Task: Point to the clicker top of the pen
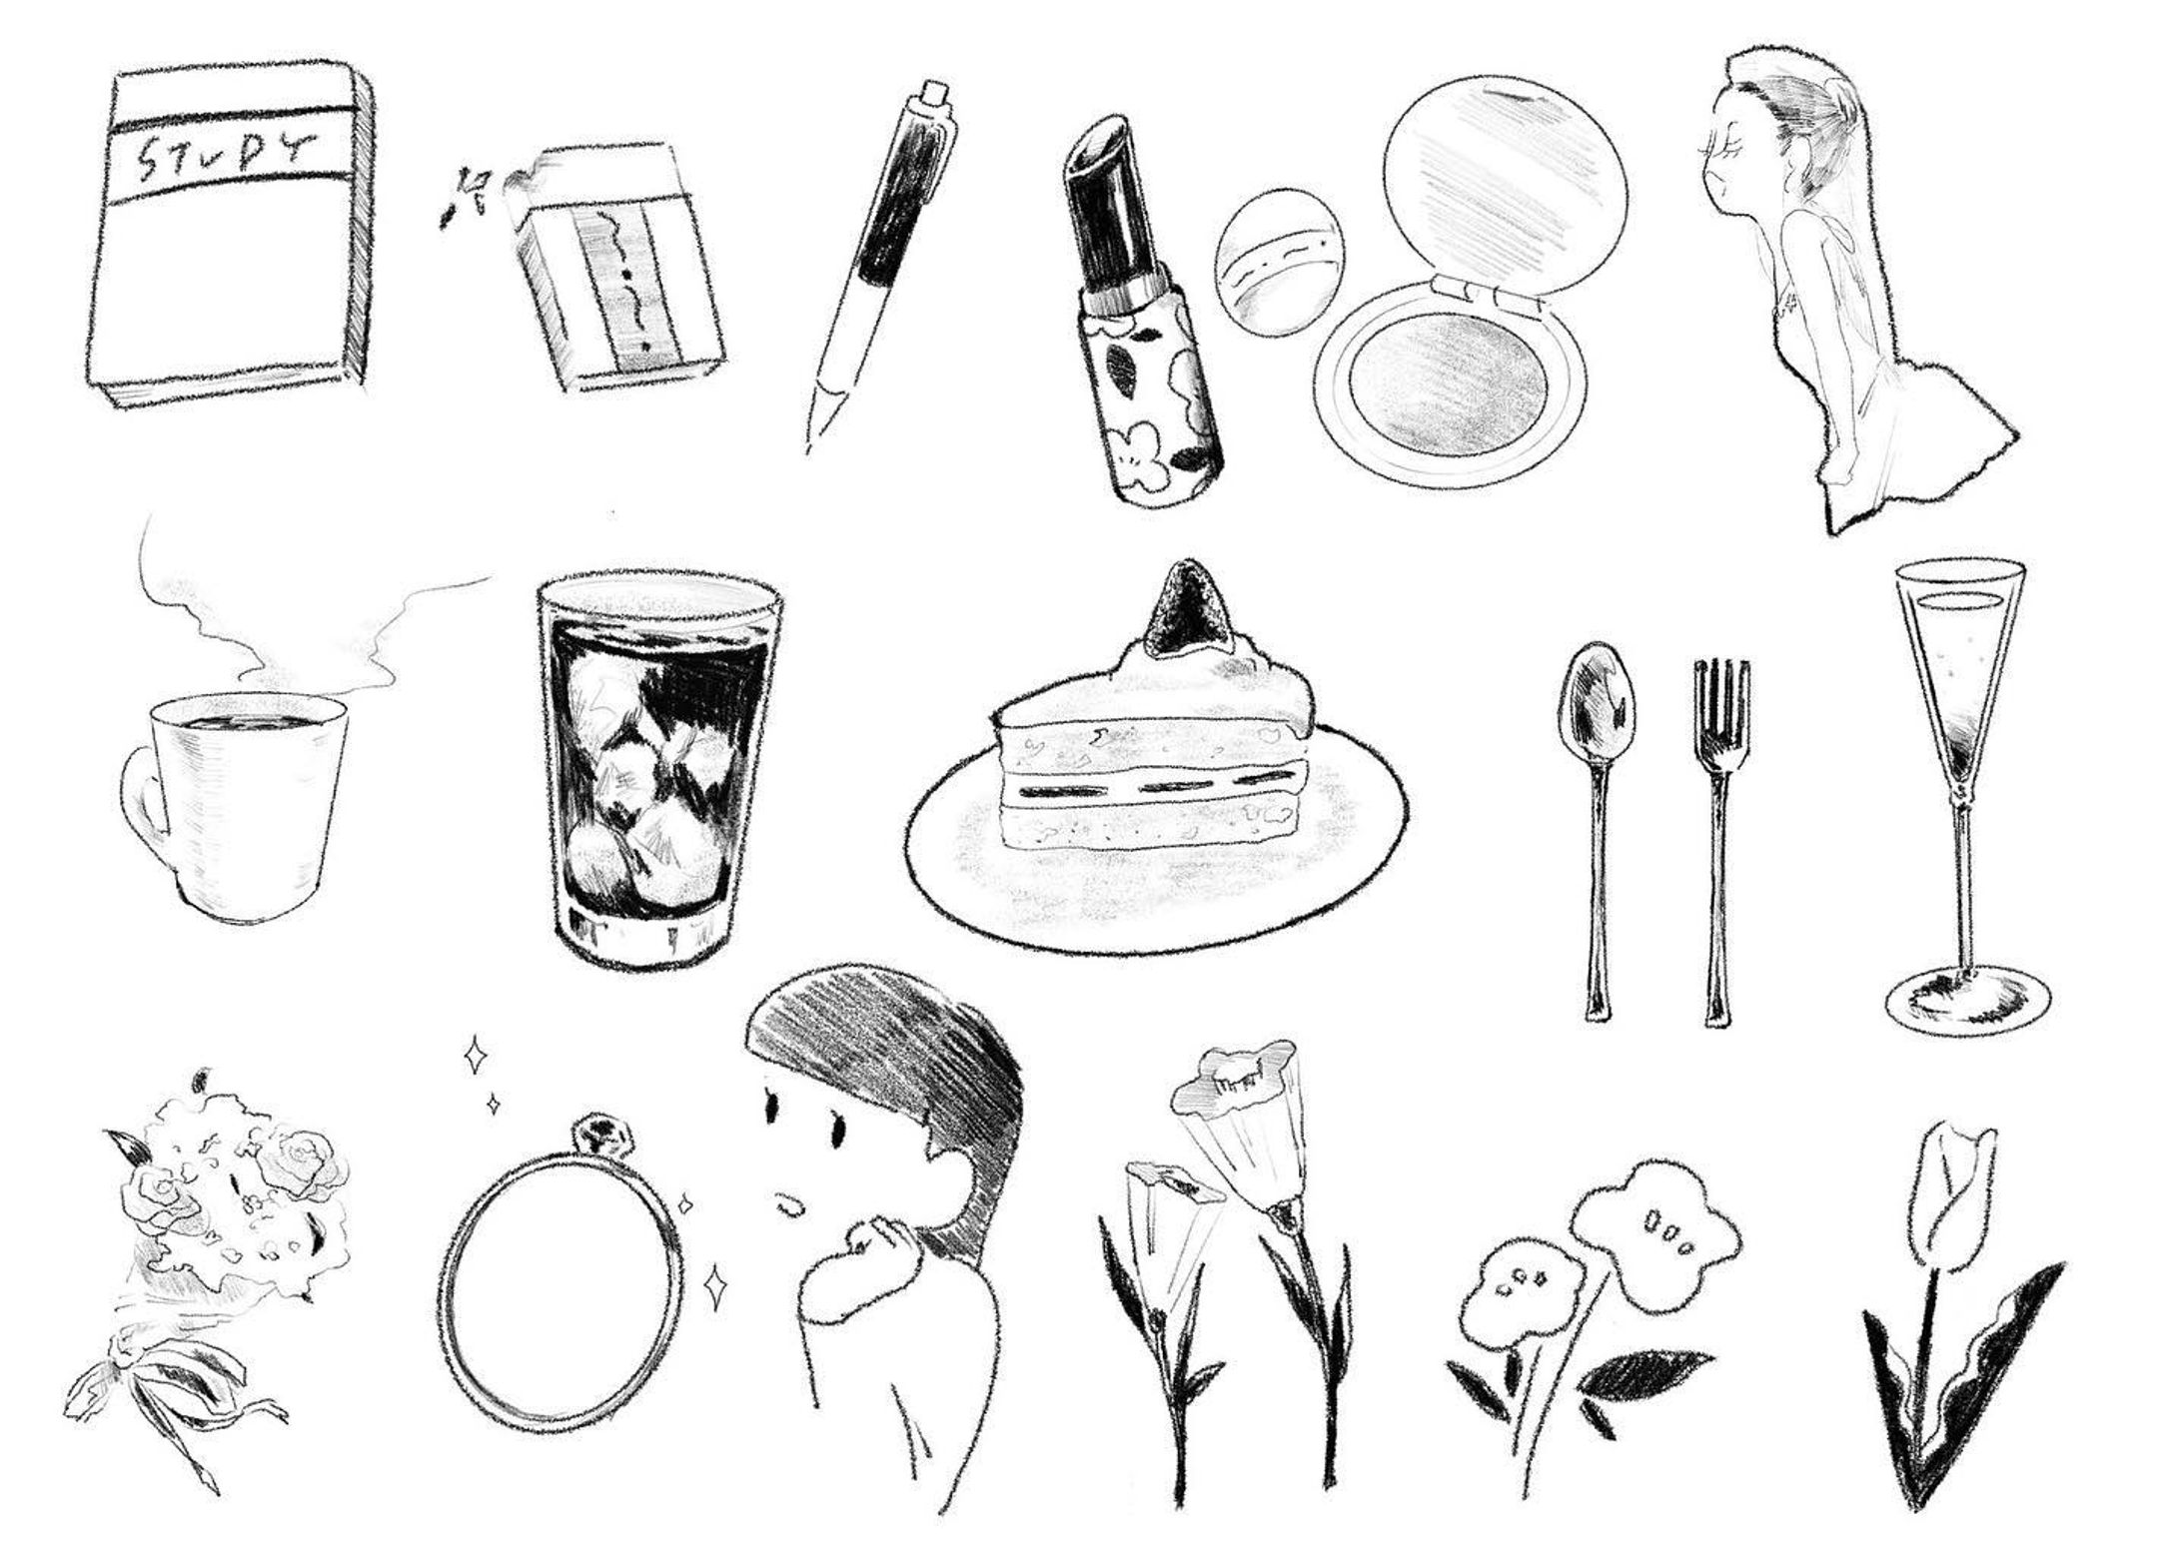933,92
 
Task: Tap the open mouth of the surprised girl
791,1207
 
